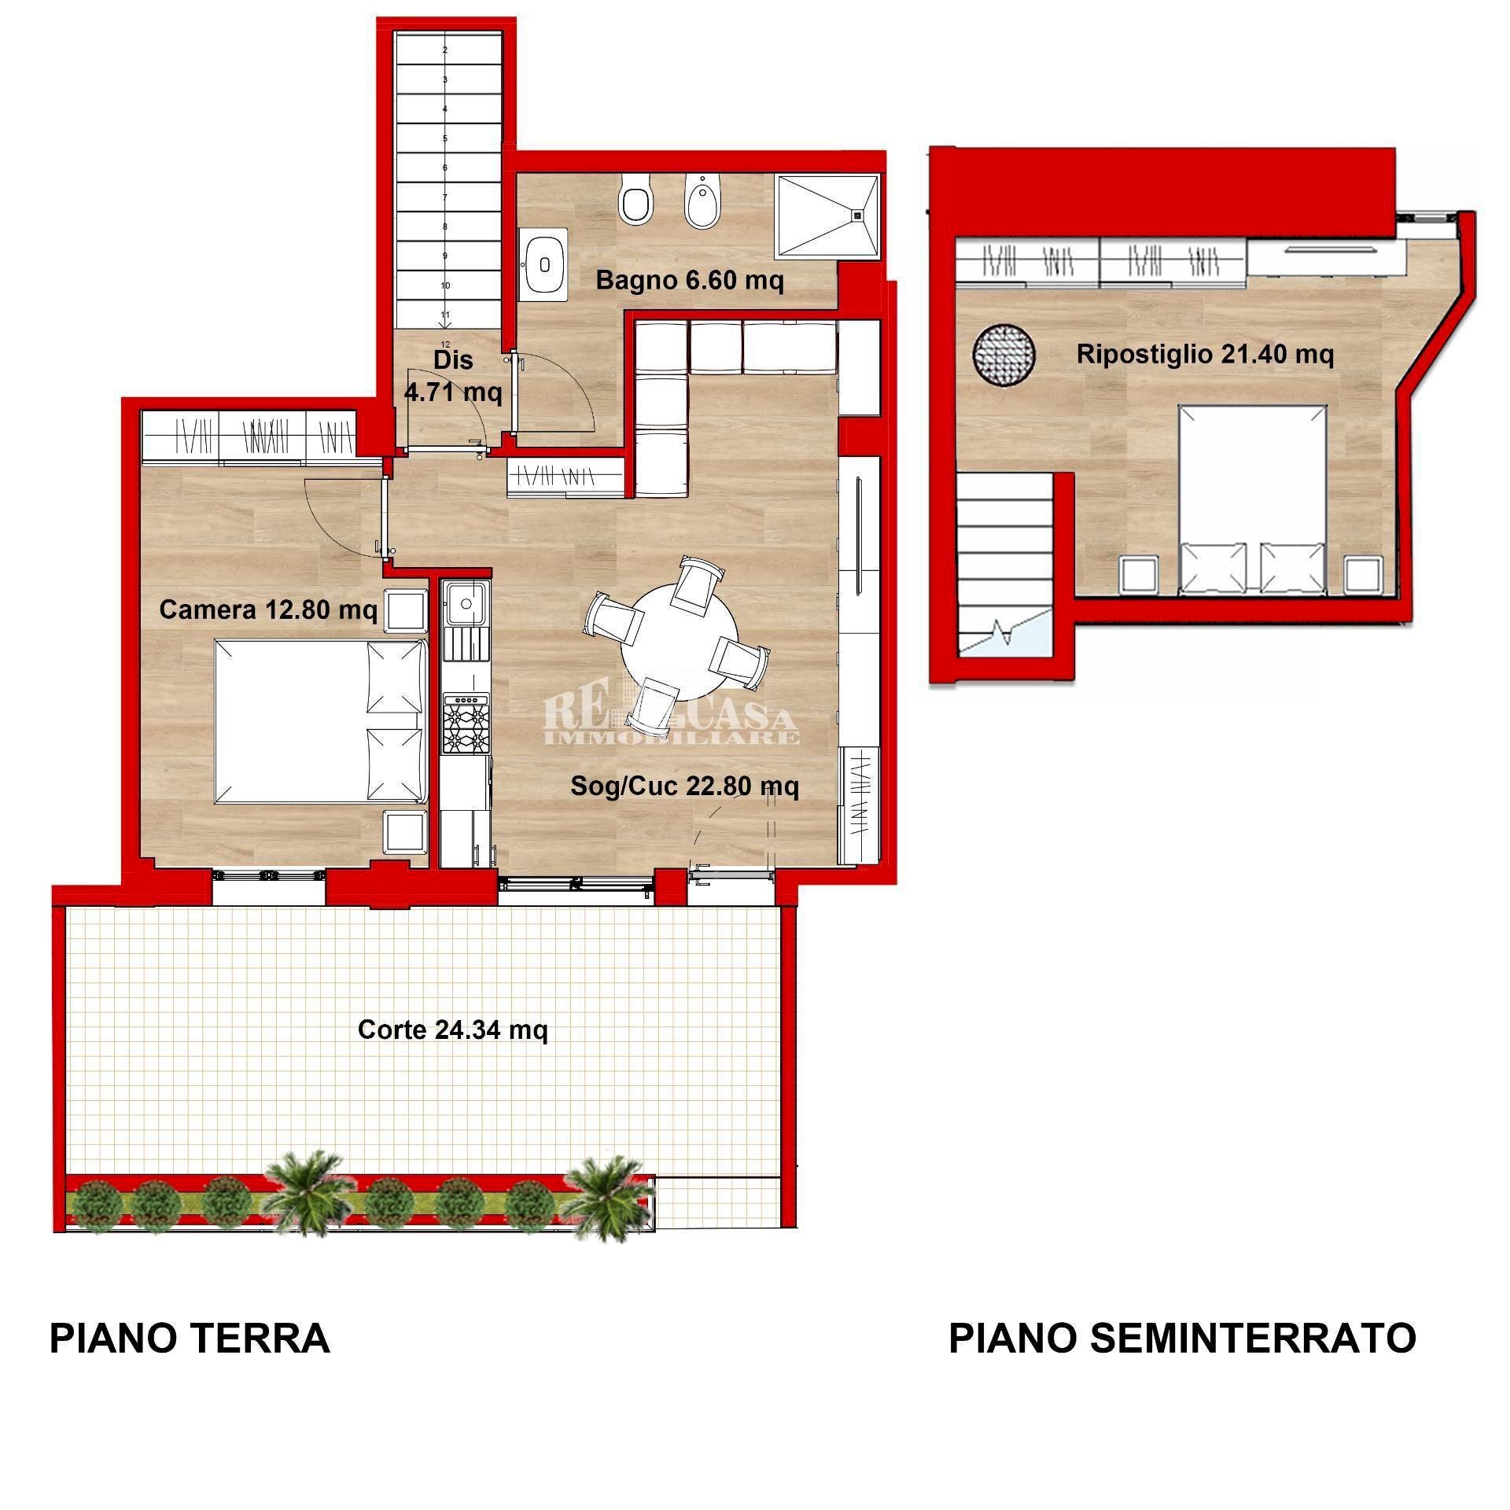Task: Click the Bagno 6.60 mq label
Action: (x=689, y=281)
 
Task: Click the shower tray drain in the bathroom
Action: (x=858, y=212)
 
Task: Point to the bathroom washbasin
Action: (x=542, y=264)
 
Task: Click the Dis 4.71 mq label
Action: (x=453, y=375)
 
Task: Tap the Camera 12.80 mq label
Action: (x=267, y=610)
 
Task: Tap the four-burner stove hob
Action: (x=466, y=723)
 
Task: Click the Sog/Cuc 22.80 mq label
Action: (x=684, y=786)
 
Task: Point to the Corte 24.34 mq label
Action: (x=452, y=1029)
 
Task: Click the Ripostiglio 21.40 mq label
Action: (x=1204, y=354)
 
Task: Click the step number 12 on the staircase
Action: (x=445, y=344)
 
